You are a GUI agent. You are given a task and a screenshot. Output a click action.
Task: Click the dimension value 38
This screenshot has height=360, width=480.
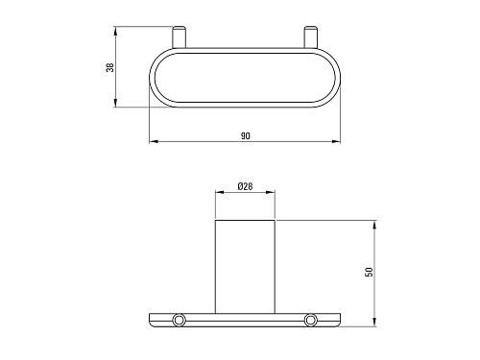pos(110,67)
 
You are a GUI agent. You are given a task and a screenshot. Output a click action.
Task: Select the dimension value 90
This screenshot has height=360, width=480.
pos(246,136)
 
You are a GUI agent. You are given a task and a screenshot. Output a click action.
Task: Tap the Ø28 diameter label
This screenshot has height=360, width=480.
pos(246,186)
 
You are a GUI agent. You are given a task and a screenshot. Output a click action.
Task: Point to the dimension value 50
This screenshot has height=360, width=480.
pos(369,272)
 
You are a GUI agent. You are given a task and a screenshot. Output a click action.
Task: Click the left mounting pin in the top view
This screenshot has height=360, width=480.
pos(179,37)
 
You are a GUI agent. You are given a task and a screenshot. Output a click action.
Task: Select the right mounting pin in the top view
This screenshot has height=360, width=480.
pos(310,37)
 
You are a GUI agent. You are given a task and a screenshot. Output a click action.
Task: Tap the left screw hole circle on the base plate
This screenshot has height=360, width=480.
pos(179,320)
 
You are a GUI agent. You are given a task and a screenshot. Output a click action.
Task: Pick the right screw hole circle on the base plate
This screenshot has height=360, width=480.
pos(310,320)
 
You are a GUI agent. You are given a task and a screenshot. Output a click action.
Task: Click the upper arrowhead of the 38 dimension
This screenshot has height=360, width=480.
pos(115,31)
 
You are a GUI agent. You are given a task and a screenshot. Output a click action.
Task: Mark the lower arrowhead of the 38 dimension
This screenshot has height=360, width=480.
pos(115,103)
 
